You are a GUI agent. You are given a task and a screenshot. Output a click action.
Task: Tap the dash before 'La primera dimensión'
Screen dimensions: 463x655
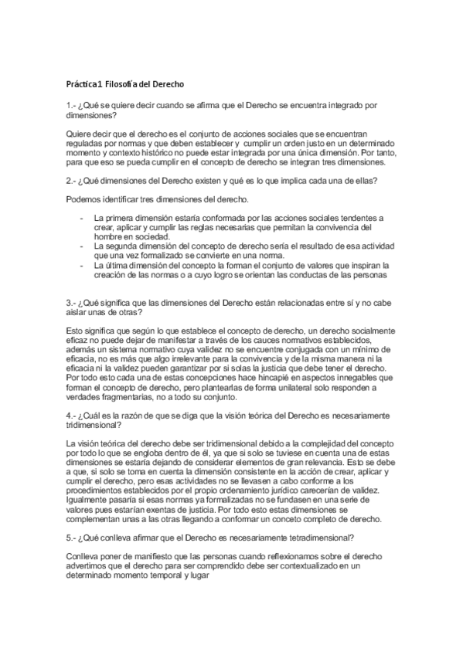tap(82, 219)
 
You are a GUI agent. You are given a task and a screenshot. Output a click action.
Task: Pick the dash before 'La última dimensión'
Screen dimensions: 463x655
tap(82, 265)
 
